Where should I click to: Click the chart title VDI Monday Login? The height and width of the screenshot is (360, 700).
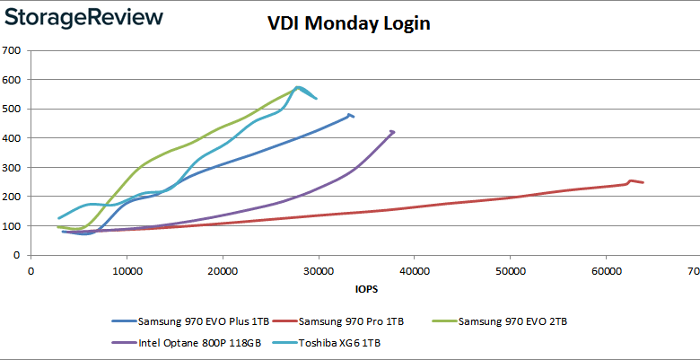click(x=349, y=23)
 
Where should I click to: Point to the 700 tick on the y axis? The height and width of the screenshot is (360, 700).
click(x=13, y=50)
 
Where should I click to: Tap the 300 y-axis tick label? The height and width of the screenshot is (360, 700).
click(x=13, y=168)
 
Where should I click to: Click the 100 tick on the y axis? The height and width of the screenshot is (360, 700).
click(x=13, y=226)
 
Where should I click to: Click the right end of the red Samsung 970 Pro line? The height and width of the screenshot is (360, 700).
click(x=643, y=182)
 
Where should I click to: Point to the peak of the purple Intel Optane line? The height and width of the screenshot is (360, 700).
click(x=392, y=131)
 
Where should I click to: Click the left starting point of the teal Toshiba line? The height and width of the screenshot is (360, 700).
click(x=59, y=218)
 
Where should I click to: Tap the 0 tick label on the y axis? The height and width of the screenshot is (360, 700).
click(x=18, y=256)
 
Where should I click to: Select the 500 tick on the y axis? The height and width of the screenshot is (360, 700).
click(x=13, y=110)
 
